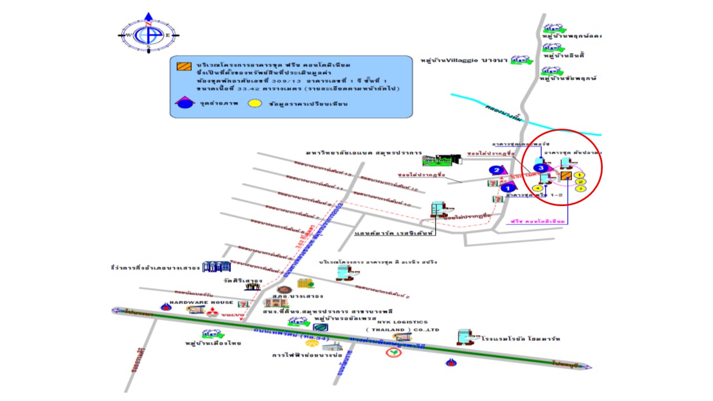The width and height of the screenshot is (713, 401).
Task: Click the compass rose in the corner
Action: click(148, 35)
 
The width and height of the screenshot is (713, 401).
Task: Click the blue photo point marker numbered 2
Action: click(495, 170)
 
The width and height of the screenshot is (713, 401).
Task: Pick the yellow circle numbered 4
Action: click(538, 188)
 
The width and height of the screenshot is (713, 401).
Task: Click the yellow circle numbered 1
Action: click(579, 175)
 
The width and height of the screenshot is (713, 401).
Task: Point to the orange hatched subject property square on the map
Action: click(566, 177)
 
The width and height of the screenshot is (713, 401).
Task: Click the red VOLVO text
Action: click(234, 316)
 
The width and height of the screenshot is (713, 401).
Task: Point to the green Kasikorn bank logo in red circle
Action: click(395, 353)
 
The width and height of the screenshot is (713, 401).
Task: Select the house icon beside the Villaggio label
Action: click(521, 60)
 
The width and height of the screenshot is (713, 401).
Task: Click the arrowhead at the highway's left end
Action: click(115, 310)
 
